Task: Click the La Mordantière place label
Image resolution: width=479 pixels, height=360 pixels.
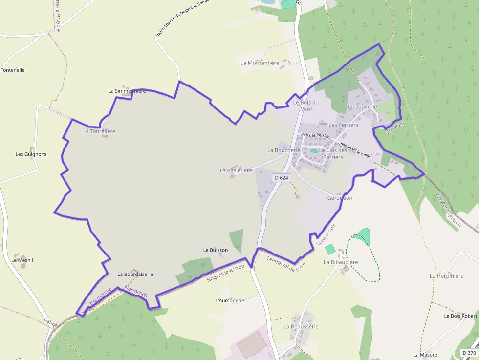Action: pyautogui.click(x=260, y=63)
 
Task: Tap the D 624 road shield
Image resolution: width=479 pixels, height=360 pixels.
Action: pyautogui.click(x=281, y=178)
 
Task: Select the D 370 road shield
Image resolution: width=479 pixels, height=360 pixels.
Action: pyautogui.click(x=469, y=353)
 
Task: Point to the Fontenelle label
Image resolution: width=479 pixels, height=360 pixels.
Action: pyautogui.click(x=13, y=70)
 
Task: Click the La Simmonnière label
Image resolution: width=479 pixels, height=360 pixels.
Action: pyautogui.click(x=127, y=91)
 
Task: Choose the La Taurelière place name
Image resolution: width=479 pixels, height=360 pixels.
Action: pyautogui.click(x=99, y=131)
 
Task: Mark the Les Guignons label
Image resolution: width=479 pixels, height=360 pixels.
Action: pyautogui.click(x=31, y=154)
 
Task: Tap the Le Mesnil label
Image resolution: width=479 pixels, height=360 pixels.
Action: pyautogui.click(x=22, y=260)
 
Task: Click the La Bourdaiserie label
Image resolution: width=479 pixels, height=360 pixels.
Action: pyautogui.click(x=135, y=275)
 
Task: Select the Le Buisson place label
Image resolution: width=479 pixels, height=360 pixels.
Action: pyautogui.click(x=216, y=250)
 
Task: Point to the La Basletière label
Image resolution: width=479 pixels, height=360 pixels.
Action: pyautogui.click(x=236, y=170)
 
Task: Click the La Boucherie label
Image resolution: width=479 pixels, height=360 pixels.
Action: pyautogui.click(x=284, y=150)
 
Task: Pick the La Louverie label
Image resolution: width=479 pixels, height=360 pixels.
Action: pyautogui.click(x=363, y=106)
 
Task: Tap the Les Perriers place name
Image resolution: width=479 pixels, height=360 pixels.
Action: pyautogui.click(x=344, y=125)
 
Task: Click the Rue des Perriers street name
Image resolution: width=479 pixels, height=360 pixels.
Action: pyautogui.click(x=316, y=136)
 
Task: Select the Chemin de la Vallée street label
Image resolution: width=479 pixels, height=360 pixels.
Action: pyautogui.click(x=355, y=148)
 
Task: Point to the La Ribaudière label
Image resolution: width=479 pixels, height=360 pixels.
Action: pyautogui.click(x=341, y=262)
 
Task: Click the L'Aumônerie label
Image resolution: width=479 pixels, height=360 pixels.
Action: pyautogui.click(x=230, y=300)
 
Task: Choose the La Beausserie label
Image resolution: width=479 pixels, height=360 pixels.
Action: pyautogui.click(x=301, y=326)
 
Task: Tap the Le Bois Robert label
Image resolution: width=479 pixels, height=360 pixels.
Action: pyautogui.click(x=460, y=316)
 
